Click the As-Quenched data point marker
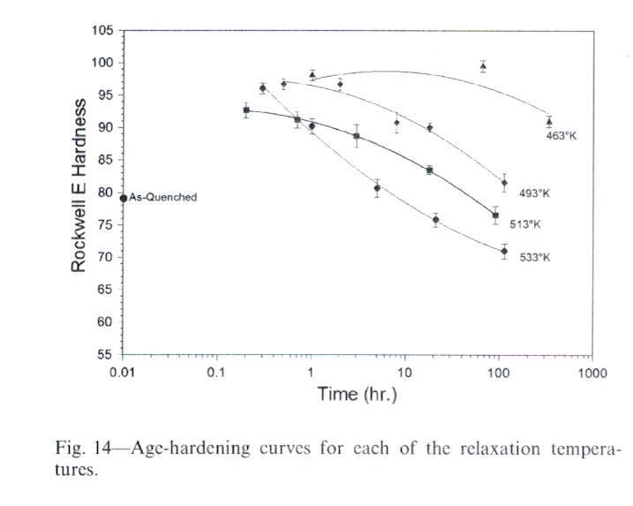pos(124,198)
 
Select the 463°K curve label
pos(561,136)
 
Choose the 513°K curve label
pos(524,224)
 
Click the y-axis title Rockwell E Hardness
pos(79,185)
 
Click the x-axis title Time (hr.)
pos(357,394)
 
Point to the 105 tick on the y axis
pos(104,31)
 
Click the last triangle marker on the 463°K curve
pos(549,122)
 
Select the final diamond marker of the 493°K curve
pos(504,183)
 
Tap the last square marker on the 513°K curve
pos(495,215)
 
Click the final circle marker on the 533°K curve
pos(504,252)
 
